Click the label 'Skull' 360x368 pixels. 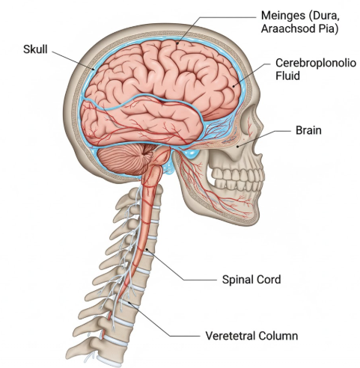(35, 49)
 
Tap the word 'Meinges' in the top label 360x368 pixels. (283, 16)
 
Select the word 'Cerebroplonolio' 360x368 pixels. (316, 63)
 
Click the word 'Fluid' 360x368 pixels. (287, 76)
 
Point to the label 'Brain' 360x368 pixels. (308, 130)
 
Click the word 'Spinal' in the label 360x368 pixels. (240, 280)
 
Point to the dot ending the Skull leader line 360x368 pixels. (94, 69)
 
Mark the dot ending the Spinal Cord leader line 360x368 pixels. (147, 249)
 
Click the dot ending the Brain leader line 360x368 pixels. (238, 146)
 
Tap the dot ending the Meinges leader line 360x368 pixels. (177, 43)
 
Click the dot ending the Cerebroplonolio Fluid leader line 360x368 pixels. (234, 86)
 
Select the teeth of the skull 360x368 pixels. (237, 177)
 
